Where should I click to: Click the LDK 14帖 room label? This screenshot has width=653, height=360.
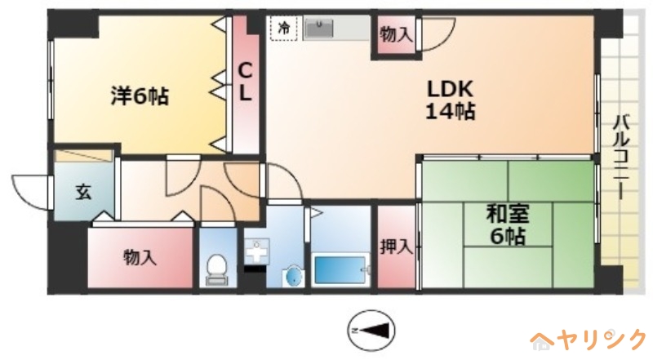coord(450,100)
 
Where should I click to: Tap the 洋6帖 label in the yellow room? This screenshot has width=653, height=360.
coord(140,96)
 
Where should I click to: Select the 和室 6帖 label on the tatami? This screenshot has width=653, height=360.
coord(508,225)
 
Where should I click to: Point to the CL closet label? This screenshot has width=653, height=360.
coord(245,82)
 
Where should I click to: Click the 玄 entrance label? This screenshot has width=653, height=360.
coord(83,192)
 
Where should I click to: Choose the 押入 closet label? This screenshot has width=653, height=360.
coord(396,247)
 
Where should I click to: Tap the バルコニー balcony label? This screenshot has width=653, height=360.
coord(621,157)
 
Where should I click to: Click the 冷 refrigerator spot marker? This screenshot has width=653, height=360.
coord(283,28)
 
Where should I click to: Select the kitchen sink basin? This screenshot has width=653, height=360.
coord(319,29)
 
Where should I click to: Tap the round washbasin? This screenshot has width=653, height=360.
coord(293,276)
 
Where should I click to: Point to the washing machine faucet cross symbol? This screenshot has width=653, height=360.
coord(256,251)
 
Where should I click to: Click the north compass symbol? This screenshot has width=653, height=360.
coord(371,331)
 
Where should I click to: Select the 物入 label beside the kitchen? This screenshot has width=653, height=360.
coord(397,35)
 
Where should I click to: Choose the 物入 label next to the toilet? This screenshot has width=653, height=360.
coord(140,257)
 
